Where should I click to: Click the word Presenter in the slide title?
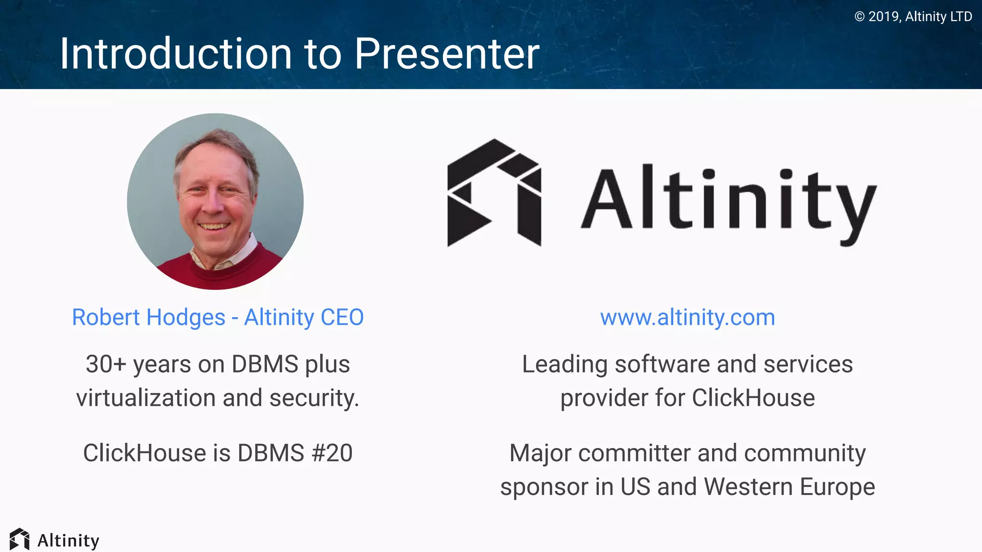(447, 54)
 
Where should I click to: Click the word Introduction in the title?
(175, 54)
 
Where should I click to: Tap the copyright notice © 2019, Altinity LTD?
(913, 17)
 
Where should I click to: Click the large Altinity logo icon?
(494, 193)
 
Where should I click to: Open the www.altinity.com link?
(687, 317)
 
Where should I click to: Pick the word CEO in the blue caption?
(342, 317)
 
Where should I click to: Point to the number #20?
(332, 453)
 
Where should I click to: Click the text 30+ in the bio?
(105, 364)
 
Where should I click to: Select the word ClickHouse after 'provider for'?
(753, 398)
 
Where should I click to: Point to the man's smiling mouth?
(214, 226)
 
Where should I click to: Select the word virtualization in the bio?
(145, 398)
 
